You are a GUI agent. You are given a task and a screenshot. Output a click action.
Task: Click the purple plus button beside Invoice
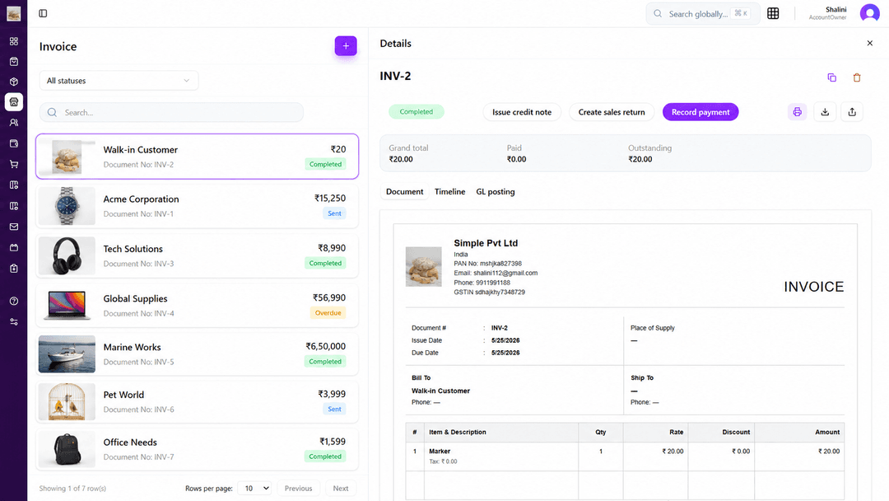345,46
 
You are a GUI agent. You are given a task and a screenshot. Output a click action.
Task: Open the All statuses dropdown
119,81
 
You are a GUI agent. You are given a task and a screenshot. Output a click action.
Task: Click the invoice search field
171,112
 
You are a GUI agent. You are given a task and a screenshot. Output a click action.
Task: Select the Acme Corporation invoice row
197,206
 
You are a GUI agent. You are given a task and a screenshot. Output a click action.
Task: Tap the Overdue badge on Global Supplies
328,312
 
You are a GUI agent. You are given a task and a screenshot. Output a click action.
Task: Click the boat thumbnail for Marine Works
67,354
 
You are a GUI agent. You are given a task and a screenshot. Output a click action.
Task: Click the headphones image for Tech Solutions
67,256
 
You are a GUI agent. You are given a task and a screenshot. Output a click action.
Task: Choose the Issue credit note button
522,112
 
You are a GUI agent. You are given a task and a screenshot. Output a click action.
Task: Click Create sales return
611,112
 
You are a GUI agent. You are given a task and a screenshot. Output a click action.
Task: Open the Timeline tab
449,192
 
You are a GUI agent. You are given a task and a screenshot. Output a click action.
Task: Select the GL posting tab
495,192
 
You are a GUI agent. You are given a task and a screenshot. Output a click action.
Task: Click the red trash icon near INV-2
857,77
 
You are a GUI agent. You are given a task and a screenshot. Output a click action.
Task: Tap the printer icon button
797,112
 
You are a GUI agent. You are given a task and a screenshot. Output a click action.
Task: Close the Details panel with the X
870,43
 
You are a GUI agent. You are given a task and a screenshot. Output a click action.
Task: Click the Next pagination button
340,489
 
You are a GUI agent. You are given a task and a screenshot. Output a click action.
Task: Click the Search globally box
702,14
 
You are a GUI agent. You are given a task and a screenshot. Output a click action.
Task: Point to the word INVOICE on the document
813,287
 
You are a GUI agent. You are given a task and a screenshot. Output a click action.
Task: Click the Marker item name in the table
440,452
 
